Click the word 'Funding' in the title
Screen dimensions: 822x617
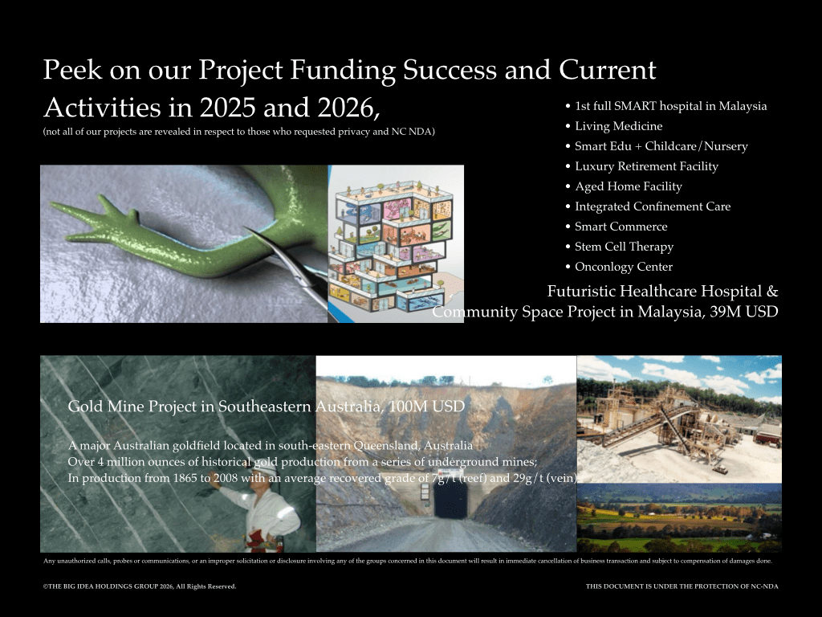(342, 71)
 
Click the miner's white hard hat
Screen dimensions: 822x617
(267, 470)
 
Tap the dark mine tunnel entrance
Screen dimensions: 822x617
(451, 500)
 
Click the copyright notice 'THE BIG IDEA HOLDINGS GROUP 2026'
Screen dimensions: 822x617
(140, 586)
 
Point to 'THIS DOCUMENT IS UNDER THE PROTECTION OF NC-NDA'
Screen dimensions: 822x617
(682, 586)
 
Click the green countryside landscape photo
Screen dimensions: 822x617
(679, 517)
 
